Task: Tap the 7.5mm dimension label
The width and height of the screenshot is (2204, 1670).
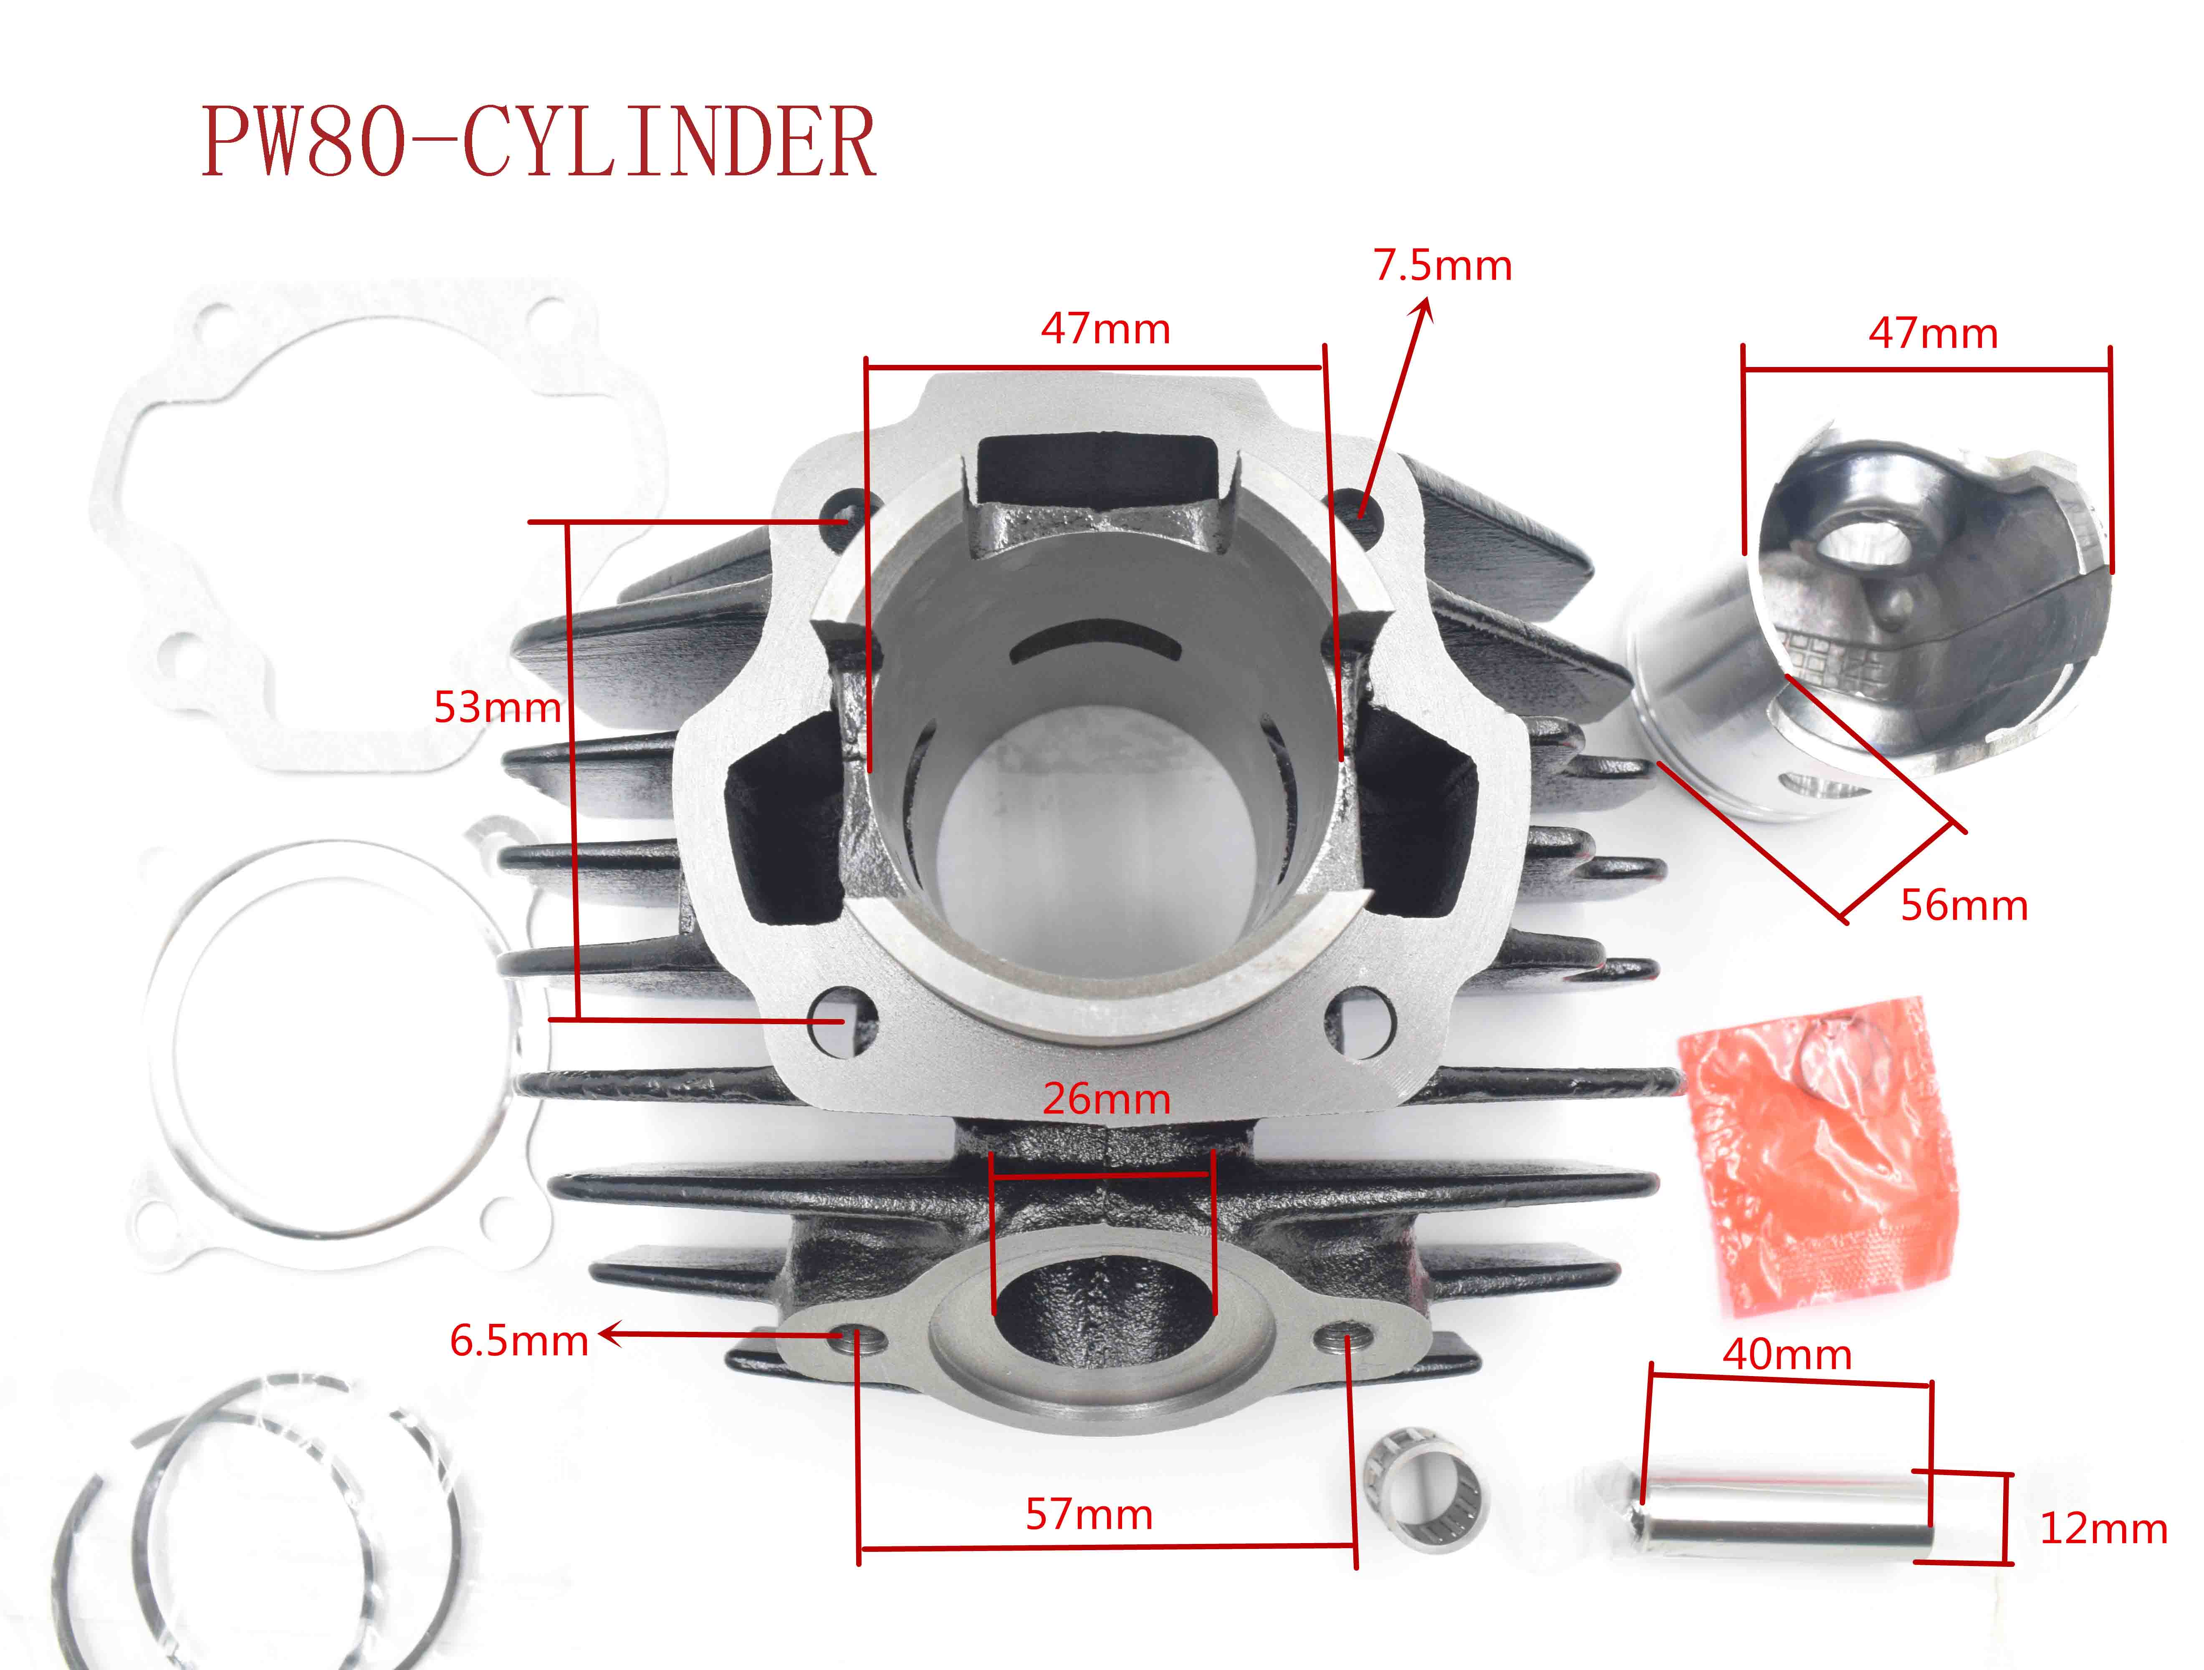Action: click(1443, 266)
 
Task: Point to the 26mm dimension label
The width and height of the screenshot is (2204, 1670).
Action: click(1106, 1099)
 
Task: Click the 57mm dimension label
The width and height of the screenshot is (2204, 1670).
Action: click(1089, 1515)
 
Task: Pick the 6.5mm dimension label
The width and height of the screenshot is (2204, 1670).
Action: click(519, 1341)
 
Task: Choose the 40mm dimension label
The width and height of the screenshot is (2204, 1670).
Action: click(1787, 1355)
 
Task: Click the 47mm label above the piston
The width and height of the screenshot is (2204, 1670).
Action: click(1933, 334)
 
